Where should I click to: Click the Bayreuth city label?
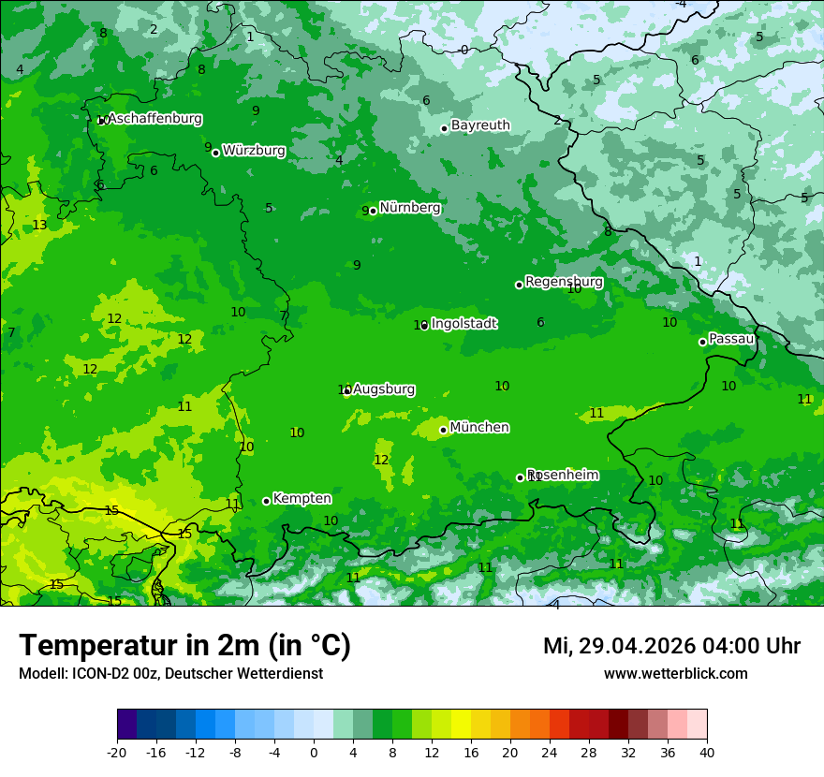coord(480,125)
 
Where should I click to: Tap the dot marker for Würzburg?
coord(215,153)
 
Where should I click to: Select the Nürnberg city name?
coord(410,208)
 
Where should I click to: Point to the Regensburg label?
coord(564,282)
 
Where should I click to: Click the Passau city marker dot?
coord(702,342)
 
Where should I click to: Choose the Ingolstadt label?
coord(463,324)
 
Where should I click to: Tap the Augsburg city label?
coord(384,389)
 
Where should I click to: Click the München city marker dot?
coord(443,431)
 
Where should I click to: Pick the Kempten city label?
coord(302,499)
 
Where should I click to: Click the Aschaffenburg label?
coord(154,119)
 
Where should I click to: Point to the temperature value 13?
coord(39,226)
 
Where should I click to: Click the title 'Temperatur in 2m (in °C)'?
coord(184,646)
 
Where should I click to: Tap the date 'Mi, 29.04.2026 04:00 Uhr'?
coord(671,646)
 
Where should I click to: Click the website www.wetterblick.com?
coord(675,674)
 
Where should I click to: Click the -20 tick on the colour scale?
coord(117,753)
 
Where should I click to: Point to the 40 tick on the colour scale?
coord(706,753)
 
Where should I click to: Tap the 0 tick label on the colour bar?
coord(314,753)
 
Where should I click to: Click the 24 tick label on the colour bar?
coord(550,753)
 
